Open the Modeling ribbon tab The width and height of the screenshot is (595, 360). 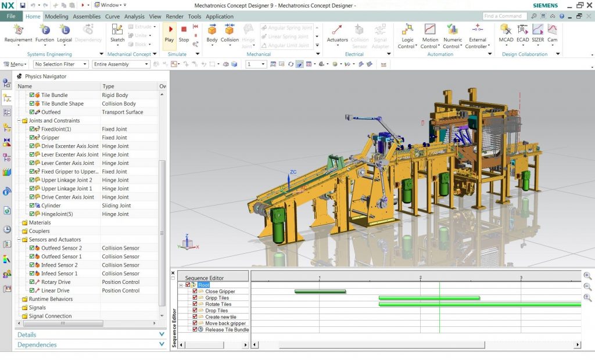coord(56,16)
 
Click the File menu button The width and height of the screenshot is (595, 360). coord(11,16)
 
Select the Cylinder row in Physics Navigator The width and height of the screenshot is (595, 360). coord(51,206)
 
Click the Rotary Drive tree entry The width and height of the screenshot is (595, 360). coord(56,282)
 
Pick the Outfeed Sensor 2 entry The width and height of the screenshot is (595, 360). coord(61,248)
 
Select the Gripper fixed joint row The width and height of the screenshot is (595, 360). coord(50,138)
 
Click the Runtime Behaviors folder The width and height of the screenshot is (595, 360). coord(51,299)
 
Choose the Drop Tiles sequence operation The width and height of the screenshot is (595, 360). coord(216,311)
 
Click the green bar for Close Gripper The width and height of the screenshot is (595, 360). coord(320,291)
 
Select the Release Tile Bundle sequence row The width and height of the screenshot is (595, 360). coord(227,330)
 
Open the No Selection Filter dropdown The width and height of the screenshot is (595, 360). coord(60,64)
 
